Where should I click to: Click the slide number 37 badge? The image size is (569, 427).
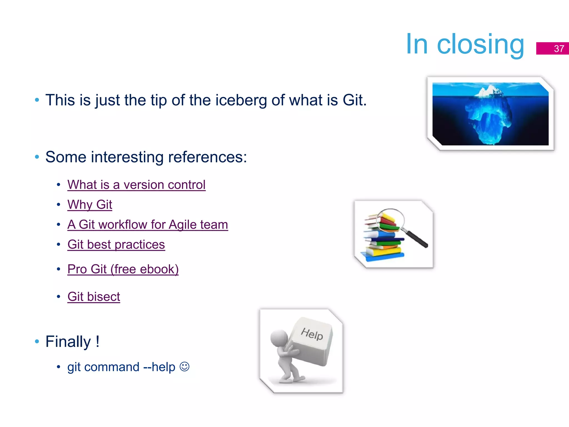(x=552, y=48)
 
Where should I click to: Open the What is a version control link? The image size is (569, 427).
(x=136, y=185)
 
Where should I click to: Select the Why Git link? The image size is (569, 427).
(x=90, y=205)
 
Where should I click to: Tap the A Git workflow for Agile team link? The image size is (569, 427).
(x=148, y=225)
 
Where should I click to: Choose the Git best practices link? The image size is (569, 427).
(x=116, y=245)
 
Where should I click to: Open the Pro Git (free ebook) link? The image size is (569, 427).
(x=123, y=269)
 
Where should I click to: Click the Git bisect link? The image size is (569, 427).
(x=94, y=297)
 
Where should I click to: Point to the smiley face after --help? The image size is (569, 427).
(x=184, y=367)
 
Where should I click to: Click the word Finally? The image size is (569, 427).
(x=68, y=342)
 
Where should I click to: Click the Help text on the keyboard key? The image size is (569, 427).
(x=312, y=334)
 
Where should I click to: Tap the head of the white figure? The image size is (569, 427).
(x=279, y=338)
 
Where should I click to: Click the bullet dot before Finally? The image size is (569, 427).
(x=37, y=342)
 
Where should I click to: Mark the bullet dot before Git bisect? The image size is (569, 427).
(x=58, y=297)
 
